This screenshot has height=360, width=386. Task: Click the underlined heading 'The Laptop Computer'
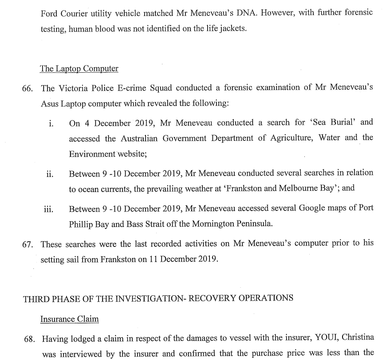[x=79, y=69]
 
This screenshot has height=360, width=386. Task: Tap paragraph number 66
[x=28, y=88]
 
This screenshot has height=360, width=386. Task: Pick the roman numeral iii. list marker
[x=49, y=209]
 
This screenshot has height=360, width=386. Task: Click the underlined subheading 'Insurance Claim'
[x=69, y=319]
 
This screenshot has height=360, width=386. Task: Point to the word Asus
[x=49, y=103]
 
